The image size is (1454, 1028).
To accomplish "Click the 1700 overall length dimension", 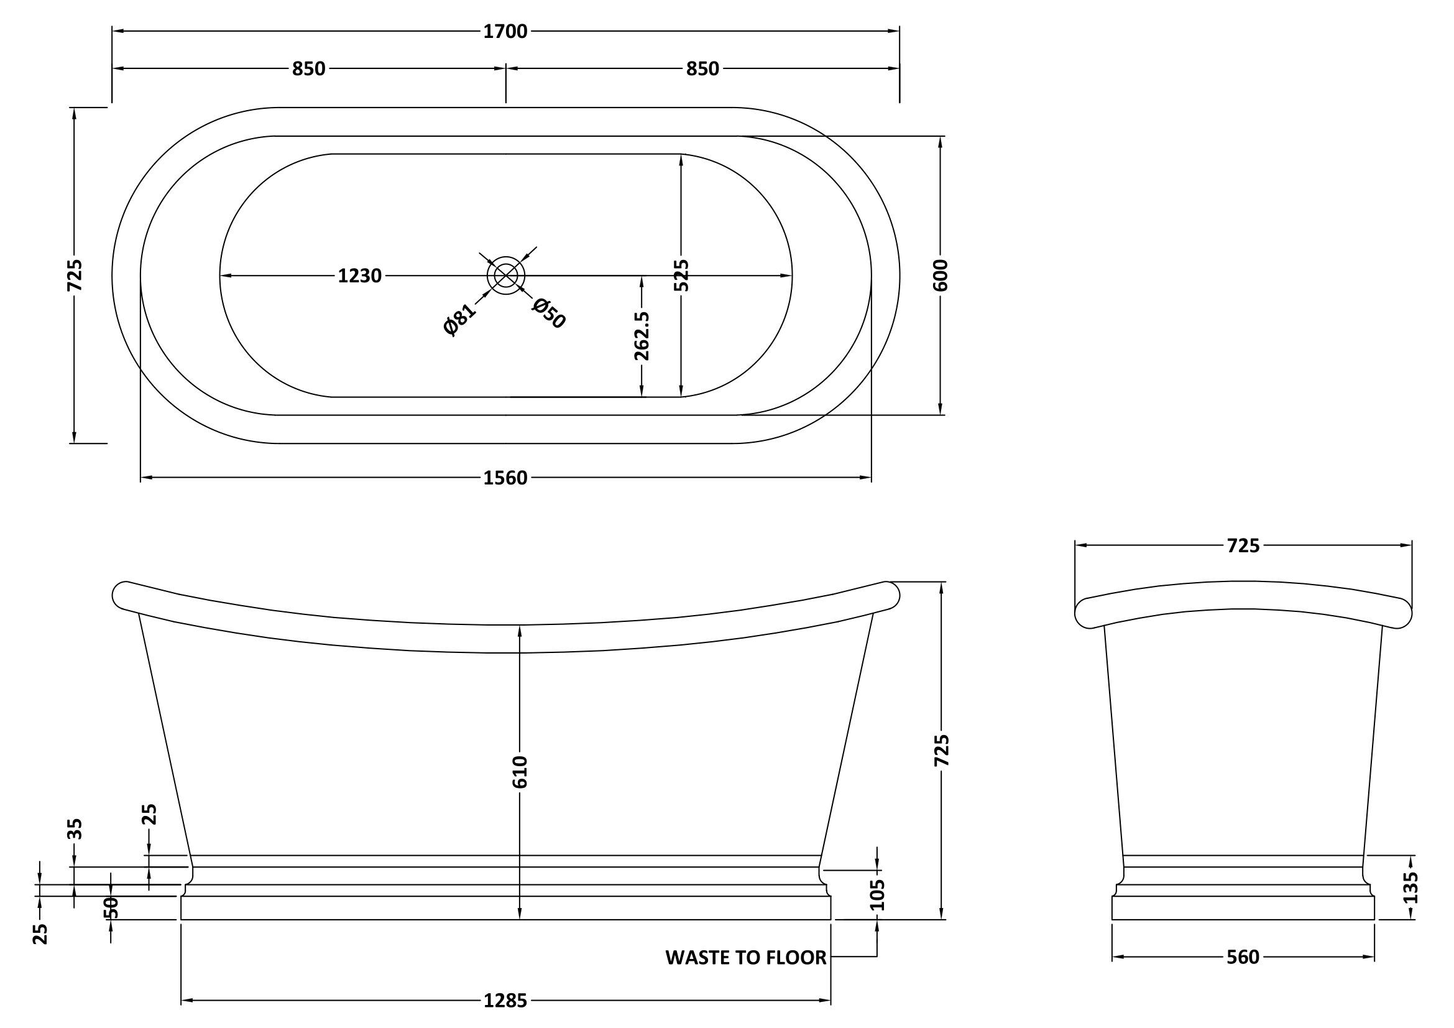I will pyautogui.click(x=505, y=31).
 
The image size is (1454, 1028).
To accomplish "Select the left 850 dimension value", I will pyautogui.click(x=308, y=68).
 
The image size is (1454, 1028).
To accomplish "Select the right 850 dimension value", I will pyautogui.click(x=702, y=68).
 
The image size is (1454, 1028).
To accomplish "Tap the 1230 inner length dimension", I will pyautogui.click(x=360, y=276).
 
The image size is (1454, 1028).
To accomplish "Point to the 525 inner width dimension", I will pyautogui.click(x=681, y=276).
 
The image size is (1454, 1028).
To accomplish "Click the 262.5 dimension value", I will pyautogui.click(x=642, y=336).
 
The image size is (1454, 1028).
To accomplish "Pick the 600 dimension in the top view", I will pyautogui.click(x=941, y=276).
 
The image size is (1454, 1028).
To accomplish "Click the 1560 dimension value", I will pyautogui.click(x=505, y=478).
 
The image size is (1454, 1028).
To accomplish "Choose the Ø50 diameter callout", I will pyautogui.click(x=548, y=313).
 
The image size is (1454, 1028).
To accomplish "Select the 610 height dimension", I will pyautogui.click(x=520, y=772).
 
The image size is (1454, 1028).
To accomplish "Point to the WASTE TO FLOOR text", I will pyautogui.click(x=746, y=958).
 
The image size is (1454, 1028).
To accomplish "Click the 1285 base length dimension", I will pyautogui.click(x=505, y=1001).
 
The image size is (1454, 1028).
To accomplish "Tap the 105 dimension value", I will pyautogui.click(x=877, y=894).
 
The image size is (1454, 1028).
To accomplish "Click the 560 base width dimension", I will pyautogui.click(x=1243, y=958).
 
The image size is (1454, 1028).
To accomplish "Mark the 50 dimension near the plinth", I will pyautogui.click(x=111, y=907).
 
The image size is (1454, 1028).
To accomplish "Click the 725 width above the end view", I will pyautogui.click(x=1243, y=545).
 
